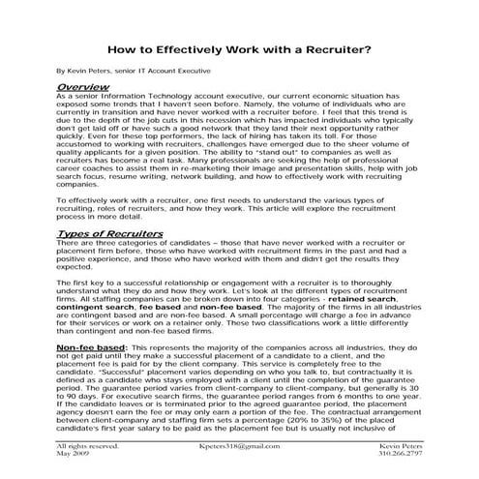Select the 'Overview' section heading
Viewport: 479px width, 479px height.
(82, 87)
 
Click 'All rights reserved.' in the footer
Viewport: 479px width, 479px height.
(88, 447)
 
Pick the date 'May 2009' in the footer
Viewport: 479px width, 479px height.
(74, 455)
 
